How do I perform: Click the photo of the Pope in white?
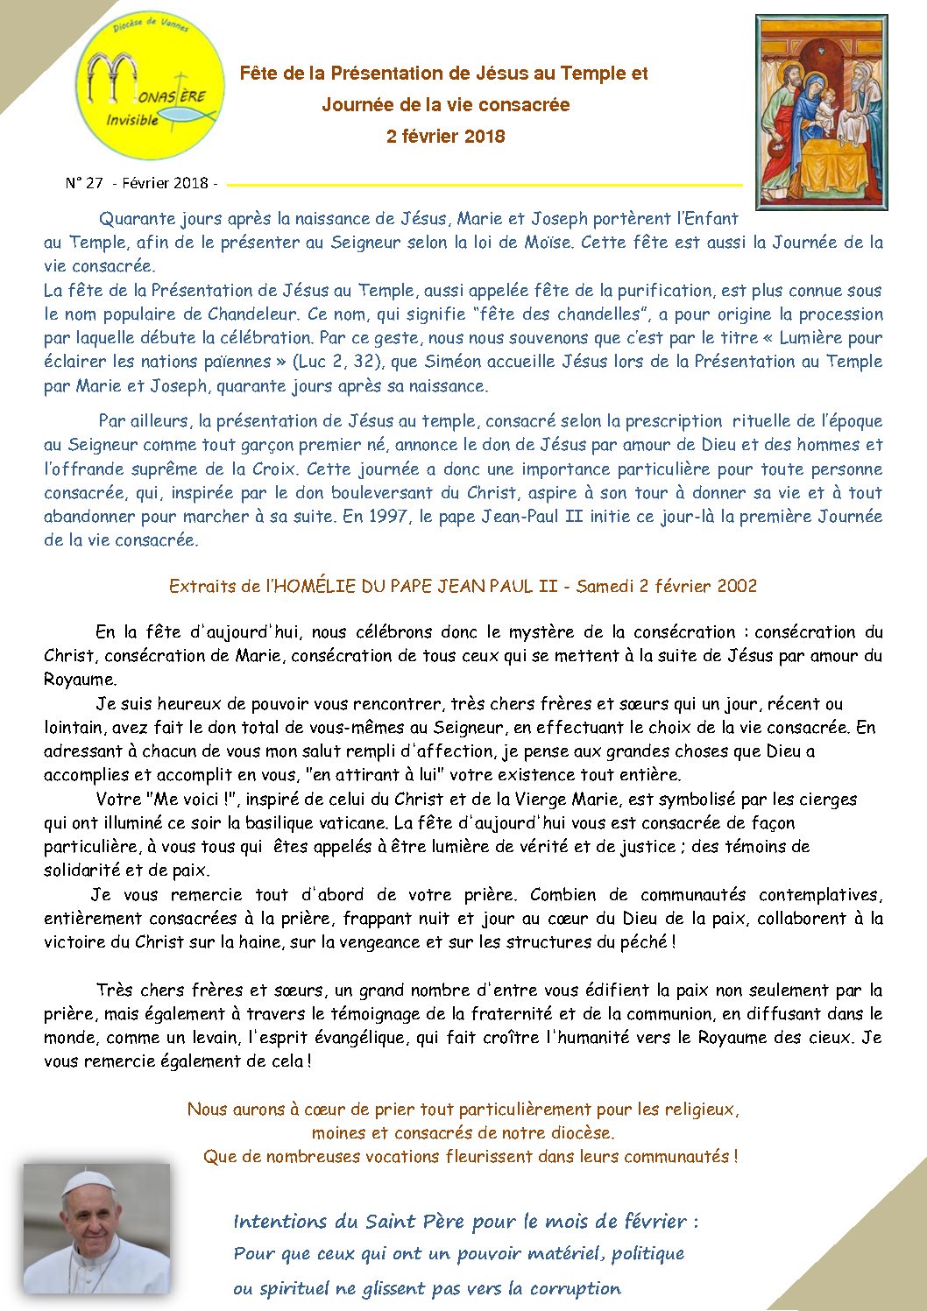tap(96, 1228)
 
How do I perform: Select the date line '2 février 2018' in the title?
tap(445, 137)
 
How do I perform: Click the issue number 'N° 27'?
tap(84, 183)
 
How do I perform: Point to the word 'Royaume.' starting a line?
tap(80, 680)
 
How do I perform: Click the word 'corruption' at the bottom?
tap(576, 1288)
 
